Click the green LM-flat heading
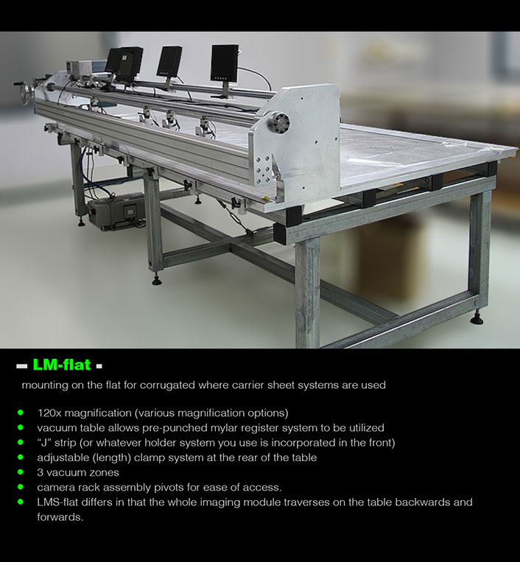[x=62, y=365]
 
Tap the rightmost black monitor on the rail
[x=225, y=63]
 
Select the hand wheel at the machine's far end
[x=25, y=93]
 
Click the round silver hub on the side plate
[x=278, y=123]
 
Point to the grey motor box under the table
[x=116, y=211]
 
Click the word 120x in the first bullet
[x=49, y=413]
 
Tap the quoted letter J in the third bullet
[x=43, y=443]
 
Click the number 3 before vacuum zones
[x=40, y=472]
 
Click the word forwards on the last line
[x=60, y=517]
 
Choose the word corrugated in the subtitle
[x=167, y=385]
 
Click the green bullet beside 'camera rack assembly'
[x=21, y=487]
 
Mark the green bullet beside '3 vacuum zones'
[x=21, y=471]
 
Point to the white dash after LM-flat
[x=99, y=366]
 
